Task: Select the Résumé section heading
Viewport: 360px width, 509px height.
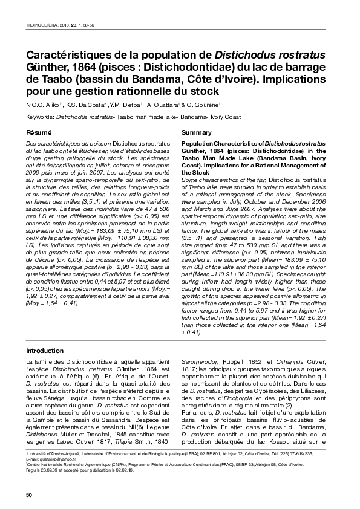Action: click(38, 132)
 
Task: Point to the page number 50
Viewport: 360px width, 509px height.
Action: click(28, 496)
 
